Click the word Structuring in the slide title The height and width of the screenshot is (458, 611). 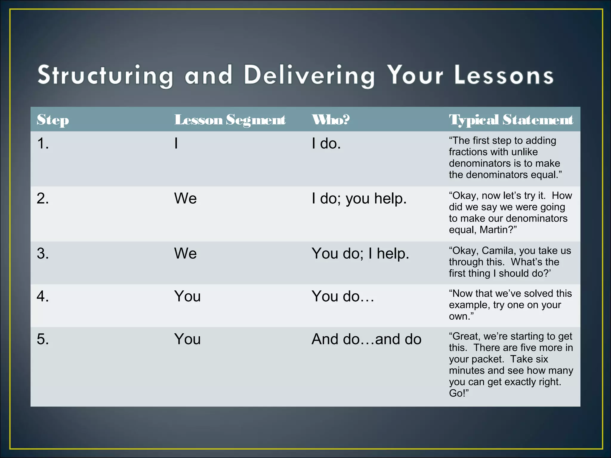105,75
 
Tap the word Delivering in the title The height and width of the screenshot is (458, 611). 309,75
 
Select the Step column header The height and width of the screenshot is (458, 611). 53,120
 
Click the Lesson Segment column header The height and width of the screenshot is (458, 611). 230,120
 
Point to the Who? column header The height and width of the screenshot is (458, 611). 331,120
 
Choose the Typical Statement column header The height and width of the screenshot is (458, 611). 511,120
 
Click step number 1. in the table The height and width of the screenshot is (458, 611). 43,143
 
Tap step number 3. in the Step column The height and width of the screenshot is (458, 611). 43,253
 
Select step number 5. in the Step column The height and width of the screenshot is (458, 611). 43,339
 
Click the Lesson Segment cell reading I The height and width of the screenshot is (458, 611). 176,143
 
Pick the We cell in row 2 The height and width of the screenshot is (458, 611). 185,198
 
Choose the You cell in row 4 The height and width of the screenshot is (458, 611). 187,296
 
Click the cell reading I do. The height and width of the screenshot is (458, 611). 326,143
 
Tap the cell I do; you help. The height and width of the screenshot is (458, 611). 359,199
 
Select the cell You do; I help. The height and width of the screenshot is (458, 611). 360,253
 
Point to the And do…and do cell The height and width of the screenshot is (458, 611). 366,339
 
